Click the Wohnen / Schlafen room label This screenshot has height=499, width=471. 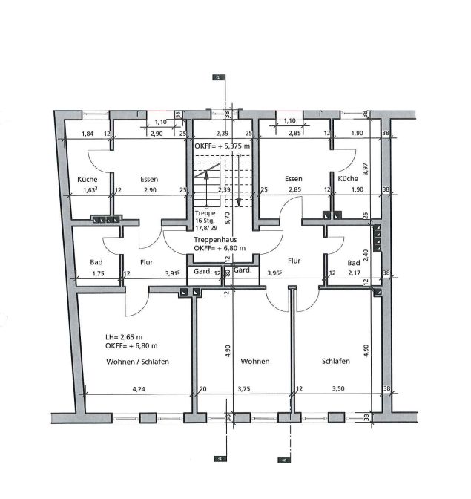click(x=137, y=361)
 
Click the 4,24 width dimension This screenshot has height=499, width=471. click(x=138, y=388)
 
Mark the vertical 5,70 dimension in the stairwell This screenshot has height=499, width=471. click(x=228, y=218)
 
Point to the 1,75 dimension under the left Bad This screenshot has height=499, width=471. click(x=98, y=273)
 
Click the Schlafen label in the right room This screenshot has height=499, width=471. click(x=335, y=361)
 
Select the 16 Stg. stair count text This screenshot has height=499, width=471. click(x=205, y=221)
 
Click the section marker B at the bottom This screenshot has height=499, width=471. click(x=282, y=459)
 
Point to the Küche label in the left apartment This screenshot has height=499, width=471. click(x=88, y=180)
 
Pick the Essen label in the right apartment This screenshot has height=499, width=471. click(x=293, y=180)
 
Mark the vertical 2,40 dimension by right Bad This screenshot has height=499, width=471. click(x=363, y=256)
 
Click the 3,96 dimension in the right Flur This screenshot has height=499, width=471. click(x=276, y=273)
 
